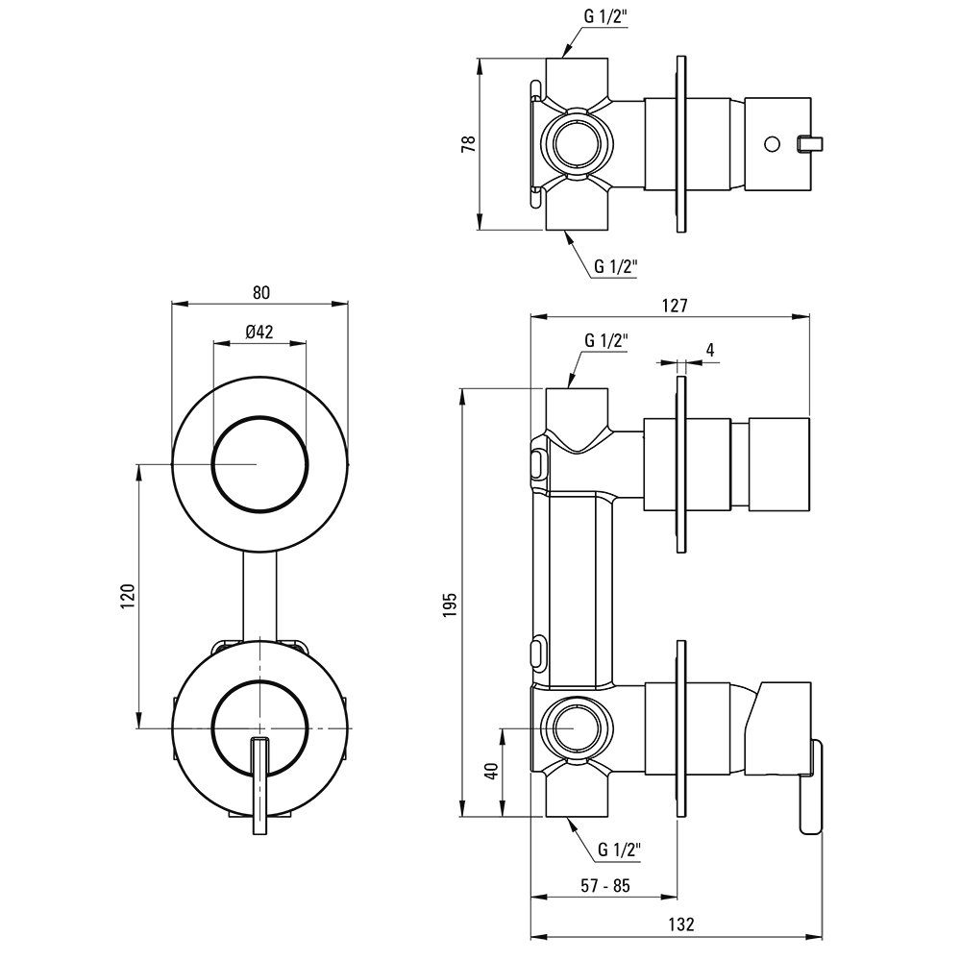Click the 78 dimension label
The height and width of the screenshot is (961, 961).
[x=469, y=144]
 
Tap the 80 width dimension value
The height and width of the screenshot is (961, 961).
[x=261, y=292]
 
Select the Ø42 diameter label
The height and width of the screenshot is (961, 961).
[x=259, y=333]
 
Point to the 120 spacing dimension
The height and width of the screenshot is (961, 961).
[x=128, y=596]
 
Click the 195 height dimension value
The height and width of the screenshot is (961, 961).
[x=451, y=604]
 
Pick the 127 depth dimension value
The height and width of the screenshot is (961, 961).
[x=675, y=306]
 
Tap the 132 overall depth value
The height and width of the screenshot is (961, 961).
[x=681, y=924]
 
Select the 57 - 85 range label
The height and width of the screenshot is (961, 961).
[x=604, y=885]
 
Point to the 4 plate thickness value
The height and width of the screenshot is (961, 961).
[x=710, y=350]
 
